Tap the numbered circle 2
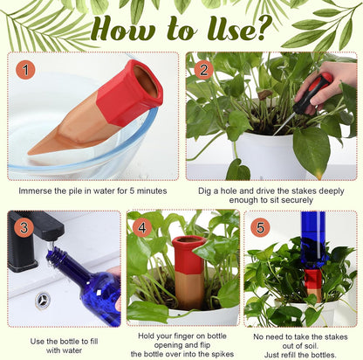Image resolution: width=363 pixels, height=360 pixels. tap(204, 69)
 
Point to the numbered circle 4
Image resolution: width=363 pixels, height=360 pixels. tap(142, 227)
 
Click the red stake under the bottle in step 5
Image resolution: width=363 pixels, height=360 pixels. tap(312, 281)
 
